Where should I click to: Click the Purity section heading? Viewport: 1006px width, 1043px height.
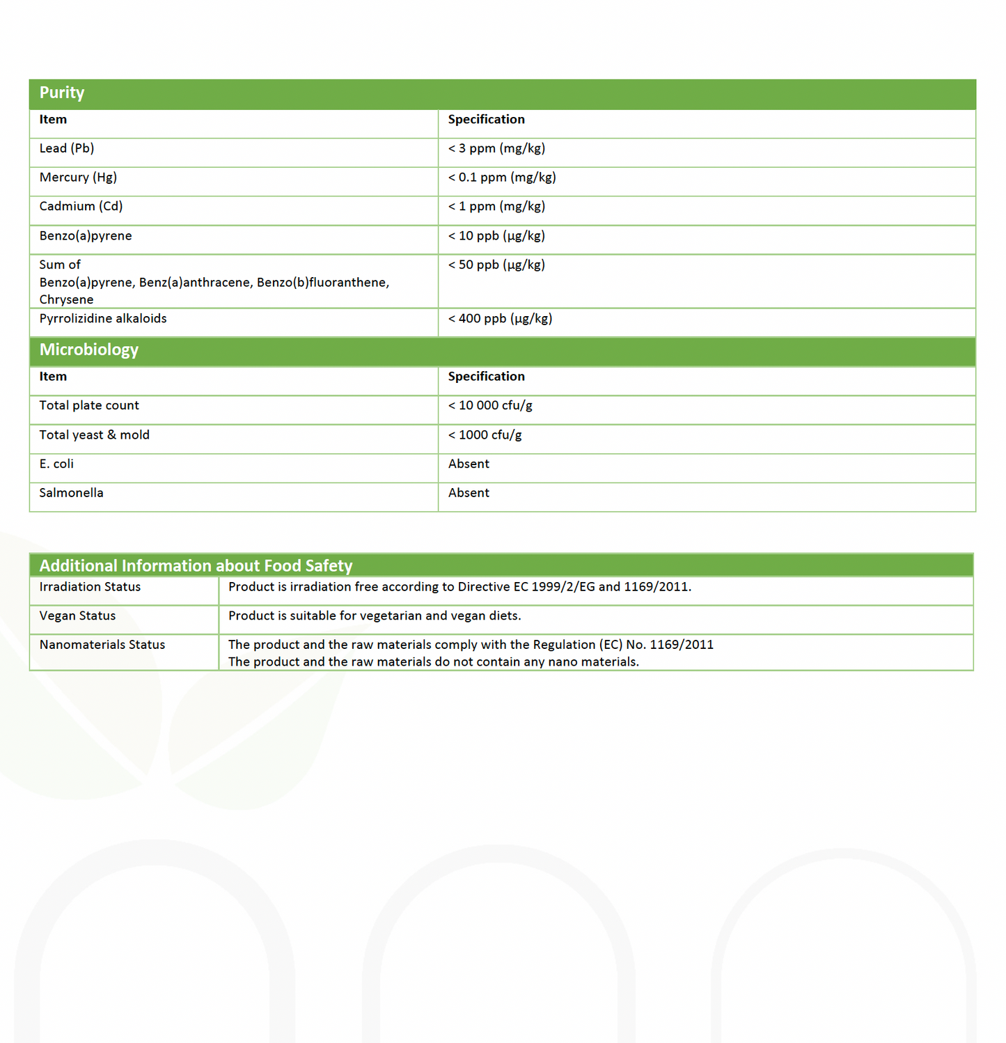62,93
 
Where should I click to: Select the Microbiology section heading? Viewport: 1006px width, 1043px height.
89,350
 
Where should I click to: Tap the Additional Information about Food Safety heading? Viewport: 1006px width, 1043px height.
196,565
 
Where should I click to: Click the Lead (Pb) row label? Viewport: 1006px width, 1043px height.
67,149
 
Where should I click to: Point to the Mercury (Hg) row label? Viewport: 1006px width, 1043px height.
78,178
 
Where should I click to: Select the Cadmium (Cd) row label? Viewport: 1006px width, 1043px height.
81,207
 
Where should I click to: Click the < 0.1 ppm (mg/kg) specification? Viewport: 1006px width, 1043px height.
502,178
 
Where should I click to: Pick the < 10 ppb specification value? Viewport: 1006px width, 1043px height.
496,236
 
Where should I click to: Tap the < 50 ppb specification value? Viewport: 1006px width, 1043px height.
496,265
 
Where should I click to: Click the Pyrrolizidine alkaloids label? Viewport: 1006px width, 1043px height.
103,319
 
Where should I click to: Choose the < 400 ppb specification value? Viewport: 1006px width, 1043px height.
500,319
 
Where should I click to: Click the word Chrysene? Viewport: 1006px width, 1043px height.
66,300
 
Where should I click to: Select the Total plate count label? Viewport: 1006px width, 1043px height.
89,406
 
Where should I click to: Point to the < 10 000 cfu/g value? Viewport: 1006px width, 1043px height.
490,406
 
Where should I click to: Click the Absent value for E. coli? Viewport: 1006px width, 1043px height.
469,464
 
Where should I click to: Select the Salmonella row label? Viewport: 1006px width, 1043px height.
71,493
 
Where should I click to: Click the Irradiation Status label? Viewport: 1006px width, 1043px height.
90,587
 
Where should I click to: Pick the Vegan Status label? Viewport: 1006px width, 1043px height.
77,616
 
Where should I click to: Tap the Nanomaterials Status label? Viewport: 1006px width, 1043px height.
102,645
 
